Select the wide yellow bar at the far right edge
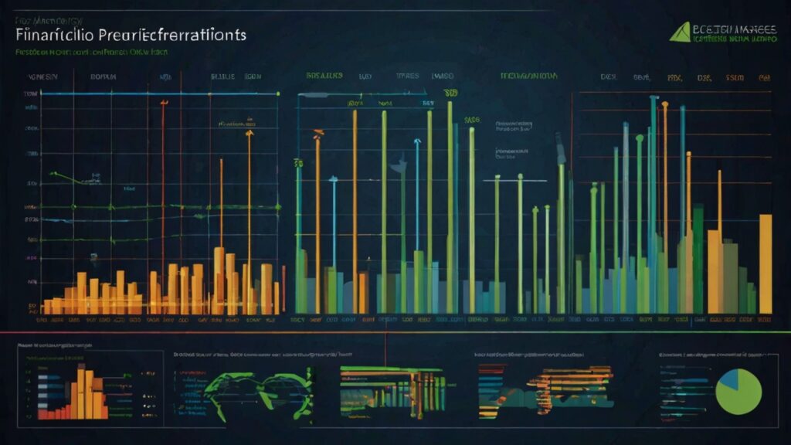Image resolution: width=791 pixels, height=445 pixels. (x=765, y=263)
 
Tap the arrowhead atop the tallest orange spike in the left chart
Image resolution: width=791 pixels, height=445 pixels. (x=249, y=134)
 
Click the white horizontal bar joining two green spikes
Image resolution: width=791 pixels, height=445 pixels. (x=508, y=178)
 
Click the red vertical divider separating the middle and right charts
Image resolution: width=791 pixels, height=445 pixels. (x=571, y=201)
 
